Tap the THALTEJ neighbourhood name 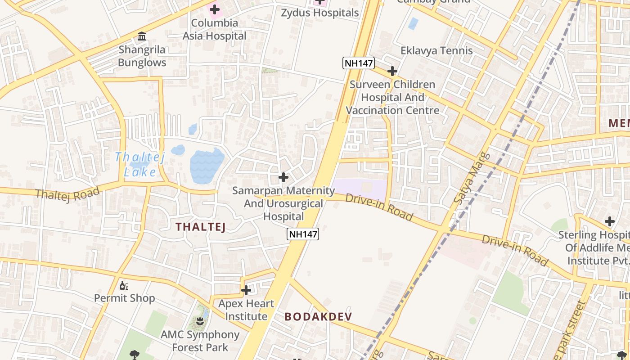200,227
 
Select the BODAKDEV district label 318,316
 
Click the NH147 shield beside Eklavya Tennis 358,63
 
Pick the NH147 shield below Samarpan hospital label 303,234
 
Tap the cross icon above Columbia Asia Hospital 215,9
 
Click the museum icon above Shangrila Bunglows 142,36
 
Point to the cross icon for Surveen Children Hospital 392,71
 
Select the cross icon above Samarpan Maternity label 283,177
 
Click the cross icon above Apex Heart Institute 246,290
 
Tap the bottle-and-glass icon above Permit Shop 124,285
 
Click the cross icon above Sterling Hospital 610,221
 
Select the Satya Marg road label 467,179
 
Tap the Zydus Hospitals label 320,13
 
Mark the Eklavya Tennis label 436,50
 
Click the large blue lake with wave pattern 207,166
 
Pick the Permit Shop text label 124,298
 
